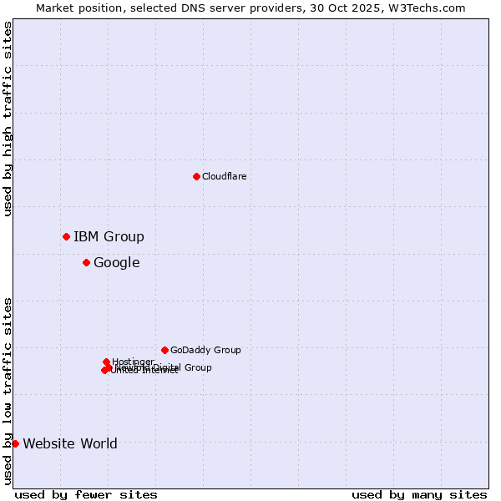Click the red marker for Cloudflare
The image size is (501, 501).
click(x=196, y=176)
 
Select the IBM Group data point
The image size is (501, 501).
click(x=66, y=236)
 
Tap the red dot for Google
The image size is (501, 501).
click(x=86, y=262)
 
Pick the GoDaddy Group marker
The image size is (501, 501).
click(x=164, y=350)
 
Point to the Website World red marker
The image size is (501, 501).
click(x=15, y=443)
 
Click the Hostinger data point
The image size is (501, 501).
click(x=106, y=362)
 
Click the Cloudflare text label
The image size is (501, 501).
click(x=224, y=176)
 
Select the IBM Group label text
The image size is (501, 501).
click(x=109, y=236)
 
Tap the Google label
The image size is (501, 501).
click(x=116, y=262)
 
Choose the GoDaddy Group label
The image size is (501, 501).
click(x=205, y=350)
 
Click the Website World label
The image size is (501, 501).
click(x=70, y=443)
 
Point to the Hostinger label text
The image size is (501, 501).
click(x=133, y=362)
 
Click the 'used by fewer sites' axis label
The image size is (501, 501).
click(x=86, y=494)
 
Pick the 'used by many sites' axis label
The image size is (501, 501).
click(x=419, y=494)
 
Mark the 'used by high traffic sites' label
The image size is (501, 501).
click(x=8, y=119)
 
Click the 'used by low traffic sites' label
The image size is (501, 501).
click(x=8, y=390)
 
